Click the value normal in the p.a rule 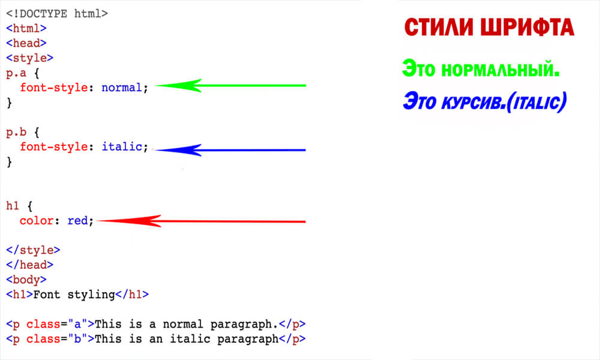point(122,88)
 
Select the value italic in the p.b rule point(122,146)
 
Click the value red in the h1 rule point(77,220)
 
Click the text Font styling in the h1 point(74,294)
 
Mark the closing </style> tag point(33,250)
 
